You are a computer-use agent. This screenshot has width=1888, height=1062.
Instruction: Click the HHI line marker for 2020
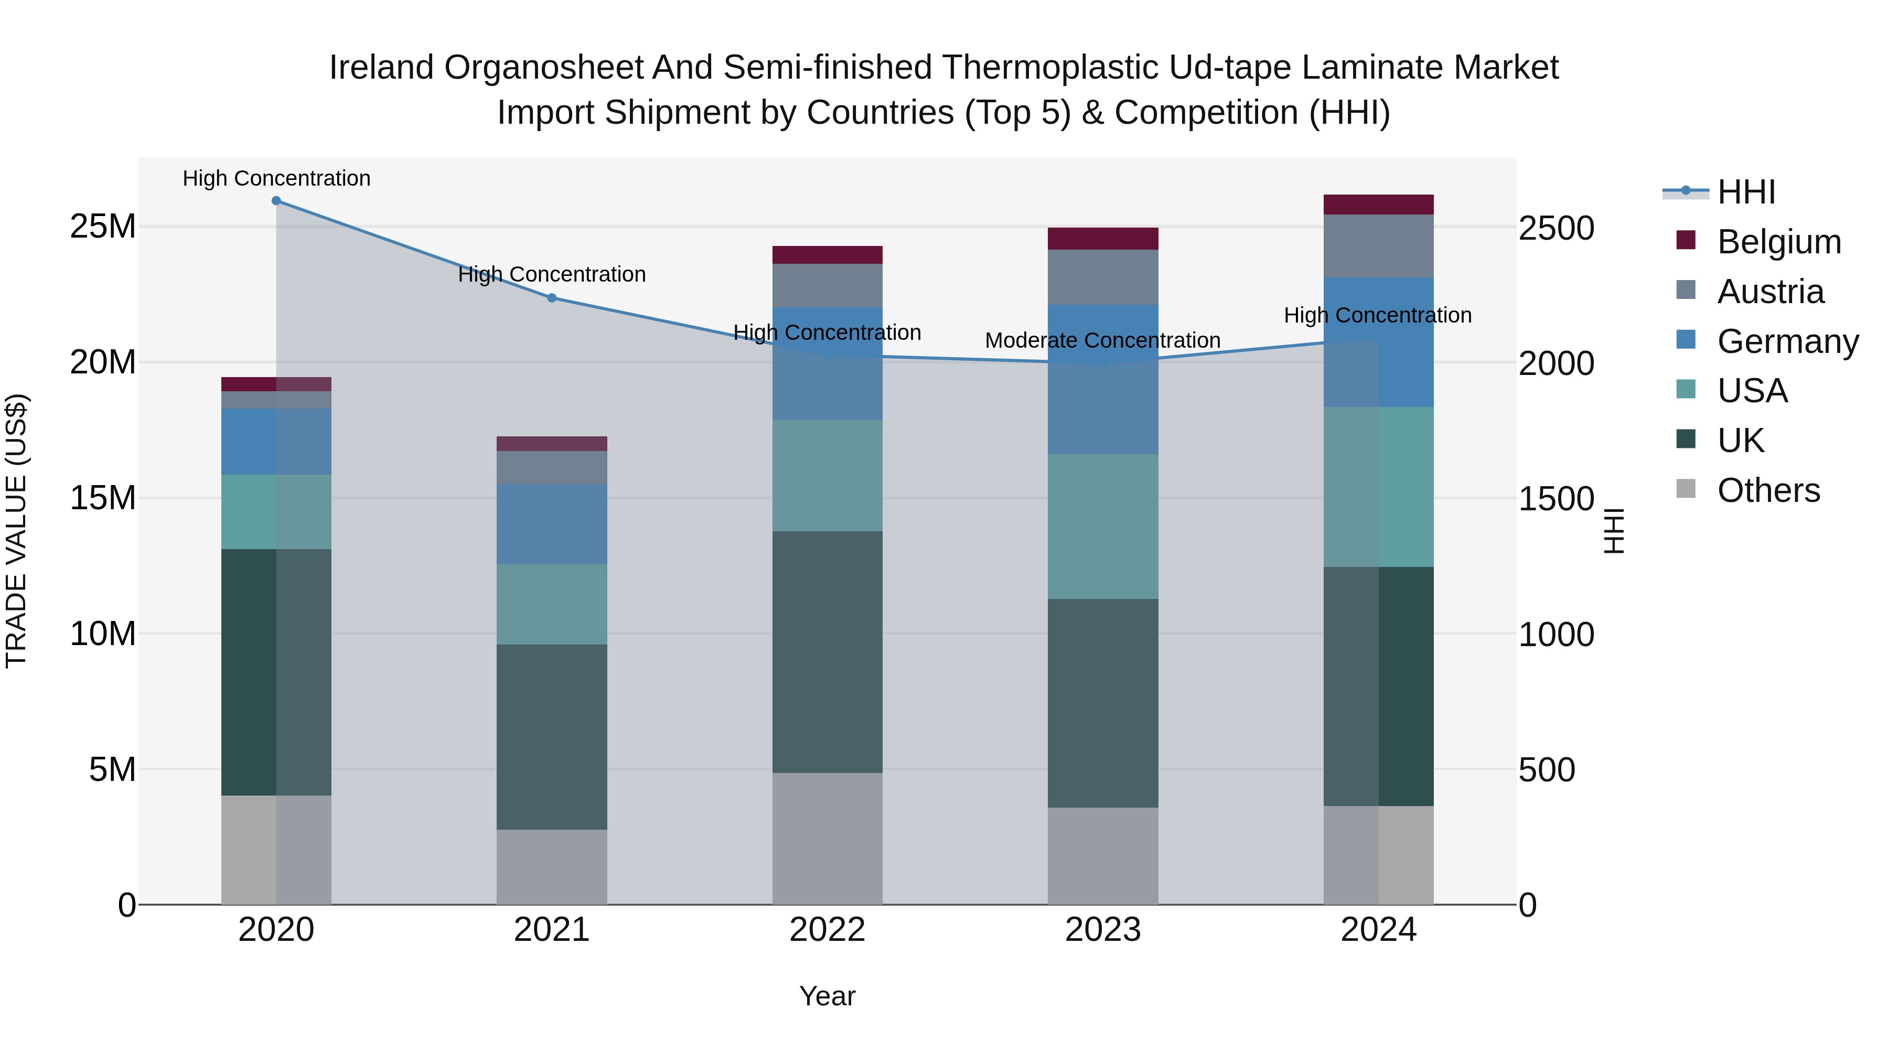coord(276,201)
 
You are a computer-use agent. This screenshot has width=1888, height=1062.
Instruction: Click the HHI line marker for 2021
coord(552,297)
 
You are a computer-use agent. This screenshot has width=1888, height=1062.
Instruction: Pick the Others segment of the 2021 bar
coord(552,866)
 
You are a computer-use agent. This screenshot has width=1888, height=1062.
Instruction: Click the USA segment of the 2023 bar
coord(1102,526)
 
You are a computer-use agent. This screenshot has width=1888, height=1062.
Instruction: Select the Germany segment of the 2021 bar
coord(552,523)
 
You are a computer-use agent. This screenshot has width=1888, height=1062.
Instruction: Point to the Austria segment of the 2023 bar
coord(1102,277)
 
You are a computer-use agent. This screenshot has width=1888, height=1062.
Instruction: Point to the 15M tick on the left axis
coord(103,498)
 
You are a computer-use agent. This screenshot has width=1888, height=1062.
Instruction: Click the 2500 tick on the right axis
coord(1556,228)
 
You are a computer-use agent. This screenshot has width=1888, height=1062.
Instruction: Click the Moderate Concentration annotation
coord(1102,341)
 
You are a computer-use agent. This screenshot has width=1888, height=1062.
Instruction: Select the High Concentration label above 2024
coord(1377,315)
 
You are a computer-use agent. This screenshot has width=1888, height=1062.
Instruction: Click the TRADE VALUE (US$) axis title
coord(16,531)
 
